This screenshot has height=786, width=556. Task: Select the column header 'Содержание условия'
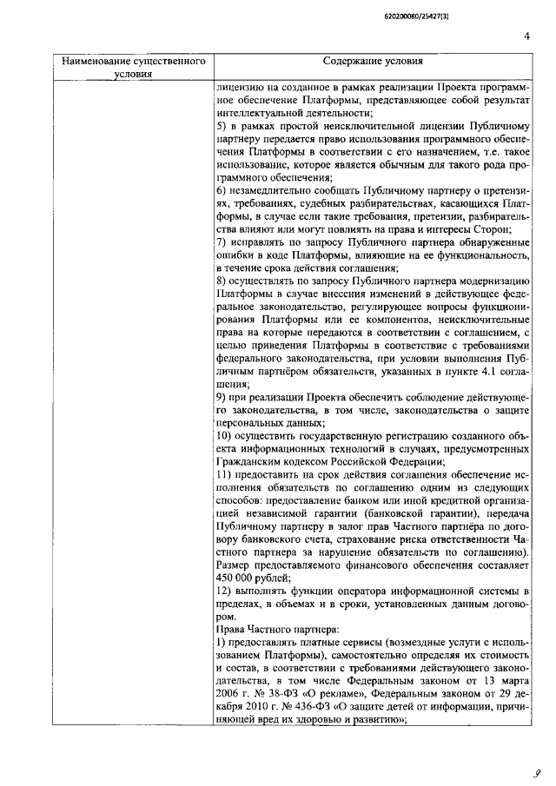tap(374, 63)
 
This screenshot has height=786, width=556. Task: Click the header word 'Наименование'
tap(96, 63)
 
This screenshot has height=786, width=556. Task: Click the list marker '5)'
tap(222, 127)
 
